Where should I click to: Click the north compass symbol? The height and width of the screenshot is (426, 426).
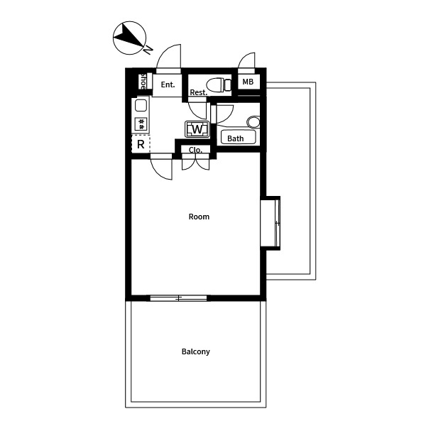coord(129,38)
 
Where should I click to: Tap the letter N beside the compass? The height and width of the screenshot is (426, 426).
coord(148,50)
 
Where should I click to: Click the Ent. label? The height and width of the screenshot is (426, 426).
coord(168,84)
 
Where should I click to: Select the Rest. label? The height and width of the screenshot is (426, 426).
coord(198,92)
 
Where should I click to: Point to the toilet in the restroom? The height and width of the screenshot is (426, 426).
coord(219,84)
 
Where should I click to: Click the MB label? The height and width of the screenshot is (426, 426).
coord(248,82)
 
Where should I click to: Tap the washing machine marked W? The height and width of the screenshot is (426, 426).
coord(197,129)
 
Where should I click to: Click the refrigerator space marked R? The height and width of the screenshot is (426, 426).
coord(141,144)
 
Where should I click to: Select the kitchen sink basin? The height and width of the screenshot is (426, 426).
coord(141,105)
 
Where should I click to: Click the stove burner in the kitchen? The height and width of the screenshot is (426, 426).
coord(141,124)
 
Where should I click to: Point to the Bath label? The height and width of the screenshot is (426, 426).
coord(235,138)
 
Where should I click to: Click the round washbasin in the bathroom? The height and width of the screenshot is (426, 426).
coord(253,122)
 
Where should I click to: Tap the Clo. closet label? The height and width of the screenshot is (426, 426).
coord(195,150)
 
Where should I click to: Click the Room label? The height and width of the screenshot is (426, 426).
coord(199,217)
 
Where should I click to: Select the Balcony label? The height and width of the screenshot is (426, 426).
coord(196,351)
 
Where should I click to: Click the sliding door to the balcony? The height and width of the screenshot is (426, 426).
coord(178,298)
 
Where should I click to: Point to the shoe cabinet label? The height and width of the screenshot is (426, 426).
coord(143,81)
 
